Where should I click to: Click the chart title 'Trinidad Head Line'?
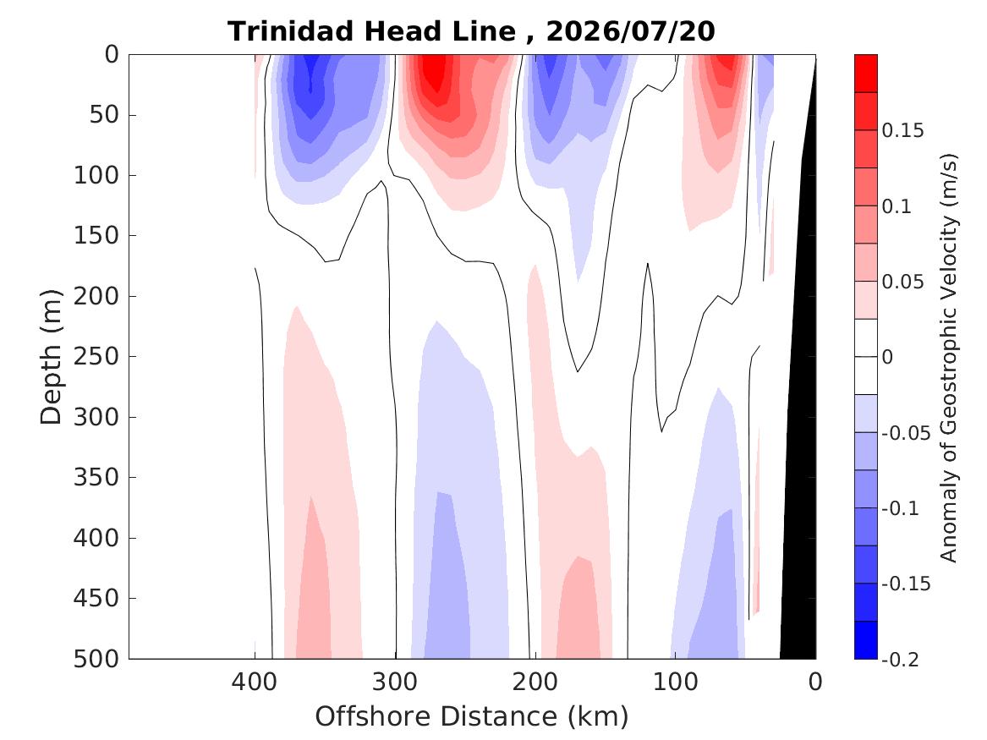click(x=371, y=30)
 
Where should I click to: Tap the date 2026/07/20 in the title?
click(x=630, y=30)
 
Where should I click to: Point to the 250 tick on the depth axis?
click(x=96, y=356)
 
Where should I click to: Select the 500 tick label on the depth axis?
click(x=96, y=659)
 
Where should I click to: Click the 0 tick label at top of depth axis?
click(x=112, y=55)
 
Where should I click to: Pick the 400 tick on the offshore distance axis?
click(x=255, y=682)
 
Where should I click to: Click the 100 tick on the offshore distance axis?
click(x=676, y=682)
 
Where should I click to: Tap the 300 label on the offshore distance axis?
click(x=395, y=682)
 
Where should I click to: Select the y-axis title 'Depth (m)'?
click(x=51, y=357)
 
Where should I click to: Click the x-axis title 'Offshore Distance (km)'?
click(x=472, y=716)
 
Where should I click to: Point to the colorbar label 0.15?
click(x=902, y=130)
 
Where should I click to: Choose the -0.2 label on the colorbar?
click(x=900, y=660)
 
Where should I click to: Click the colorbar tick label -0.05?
click(x=906, y=433)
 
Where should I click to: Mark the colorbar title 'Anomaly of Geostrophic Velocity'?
click(x=948, y=357)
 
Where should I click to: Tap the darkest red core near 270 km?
click(x=433, y=73)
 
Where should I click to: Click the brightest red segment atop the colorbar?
click(x=865, y=74)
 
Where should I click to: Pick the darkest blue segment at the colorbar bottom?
click(x=865, y=640)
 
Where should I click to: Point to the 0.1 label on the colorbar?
click(x=897, y=206)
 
